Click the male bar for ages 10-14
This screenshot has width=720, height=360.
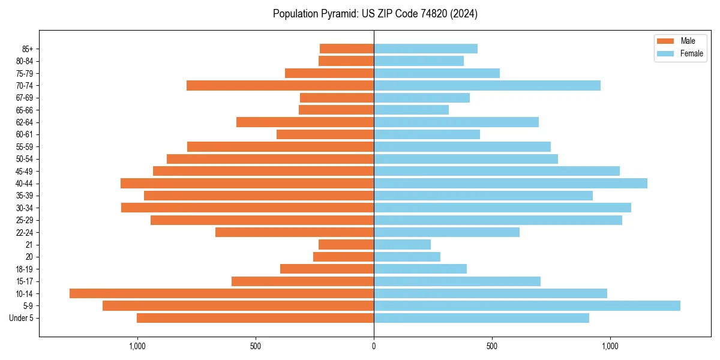[221, 293]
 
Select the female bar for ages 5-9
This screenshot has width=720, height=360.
[527, 305]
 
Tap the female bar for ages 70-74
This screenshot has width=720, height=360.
[487, 86]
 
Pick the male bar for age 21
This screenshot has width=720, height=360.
[346, 244]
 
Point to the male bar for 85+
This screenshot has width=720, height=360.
[347, 49]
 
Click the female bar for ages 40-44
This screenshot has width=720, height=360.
[511, 183]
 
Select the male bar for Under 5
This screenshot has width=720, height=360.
[255, 318]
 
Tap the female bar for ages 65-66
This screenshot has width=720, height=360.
[411, 110]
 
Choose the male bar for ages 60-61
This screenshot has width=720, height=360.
[325, 134]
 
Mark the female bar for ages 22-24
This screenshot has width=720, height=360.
[446, 232]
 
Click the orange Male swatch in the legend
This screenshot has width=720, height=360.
[665, 41]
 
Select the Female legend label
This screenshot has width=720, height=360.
[691, 53]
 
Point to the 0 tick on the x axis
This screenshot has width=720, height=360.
[374, 346]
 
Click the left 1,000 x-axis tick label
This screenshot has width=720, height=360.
[137, 346]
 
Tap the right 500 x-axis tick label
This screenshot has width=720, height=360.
[492, 346]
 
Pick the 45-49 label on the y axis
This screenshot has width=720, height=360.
[25, 171]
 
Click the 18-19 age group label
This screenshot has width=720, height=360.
[25, 269]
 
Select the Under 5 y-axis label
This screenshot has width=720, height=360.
[21, 318]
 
